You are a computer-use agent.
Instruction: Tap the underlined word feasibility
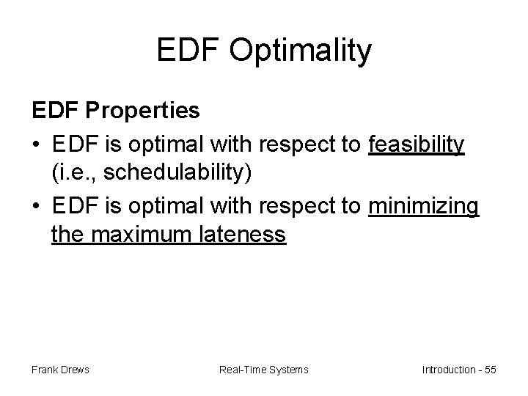417,146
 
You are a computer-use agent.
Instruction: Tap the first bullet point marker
36,147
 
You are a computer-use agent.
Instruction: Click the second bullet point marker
36,207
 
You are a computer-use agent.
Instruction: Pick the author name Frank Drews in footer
60,370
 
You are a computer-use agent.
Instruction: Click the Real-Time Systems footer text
264,370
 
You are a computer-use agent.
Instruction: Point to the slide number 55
490,370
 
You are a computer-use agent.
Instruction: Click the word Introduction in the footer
447,370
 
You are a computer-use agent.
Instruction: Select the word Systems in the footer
287,370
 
